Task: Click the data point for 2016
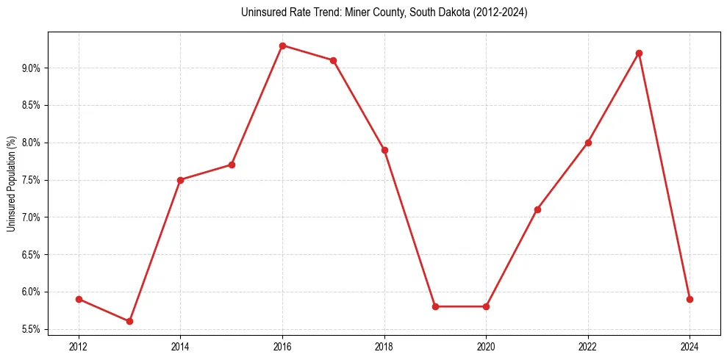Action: pyautogui.click(x=282, y=46)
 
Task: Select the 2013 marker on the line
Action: pyautogui.click(x=129, y=321)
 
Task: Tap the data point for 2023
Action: pyautogui.click(x=639, y=53)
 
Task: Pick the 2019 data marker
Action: pyautogui.click(x=435, y=306)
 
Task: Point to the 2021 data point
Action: pyautogui.click(x=537, y=209)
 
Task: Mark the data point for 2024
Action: pyautogui.click(x=690, y=299)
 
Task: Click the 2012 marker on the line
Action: pyautogui.click(x=79, y=299)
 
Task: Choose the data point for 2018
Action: pyautogui.click(x=384, y=150)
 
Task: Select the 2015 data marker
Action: pyautogui.click(x=232, y=165)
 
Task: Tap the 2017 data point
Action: pyautogui.click(x=333, y=60)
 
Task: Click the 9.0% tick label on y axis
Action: pyautogui.click(x=32, y=68)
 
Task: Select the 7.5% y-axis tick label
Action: pyautogui.click(x=32, y=180)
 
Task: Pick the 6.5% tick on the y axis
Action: pyautogui.click(x=32, y=255)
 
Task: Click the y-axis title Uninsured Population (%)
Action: pyautogui.click(x=11, y=184)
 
